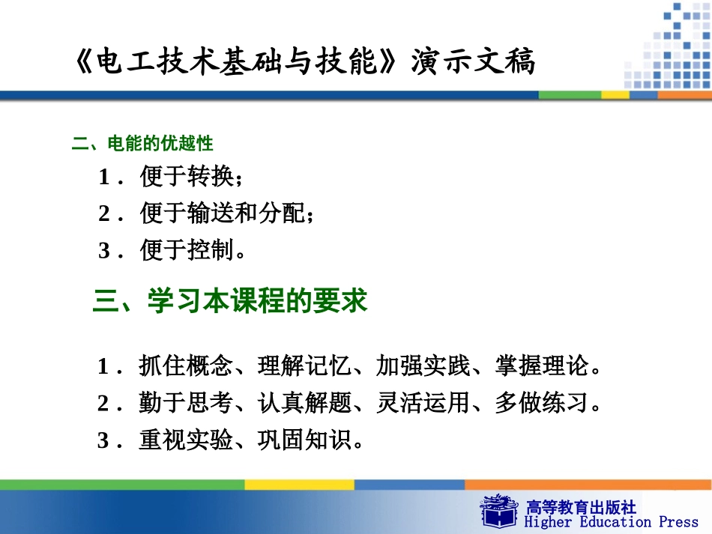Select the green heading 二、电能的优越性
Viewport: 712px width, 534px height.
(142, 144)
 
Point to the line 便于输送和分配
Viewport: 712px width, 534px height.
(222, 213)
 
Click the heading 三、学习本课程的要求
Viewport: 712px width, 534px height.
(230, 301)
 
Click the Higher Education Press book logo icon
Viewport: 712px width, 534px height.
(499, 511)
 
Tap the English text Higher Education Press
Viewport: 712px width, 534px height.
(611, 522)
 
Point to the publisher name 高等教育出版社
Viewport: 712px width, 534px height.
(581, 506)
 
